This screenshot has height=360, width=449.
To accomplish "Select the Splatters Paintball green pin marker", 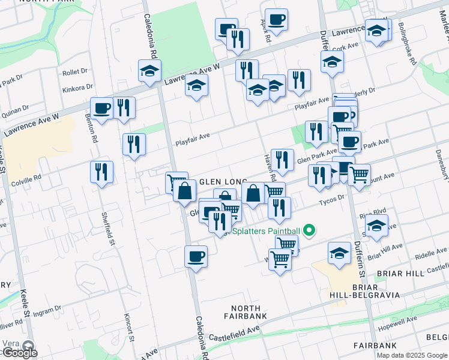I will [310, 229].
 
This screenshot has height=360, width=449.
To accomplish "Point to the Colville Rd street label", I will [29, 178].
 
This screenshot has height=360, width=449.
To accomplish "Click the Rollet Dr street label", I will [75, 73].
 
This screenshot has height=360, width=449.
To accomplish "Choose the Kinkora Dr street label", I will [77, 89].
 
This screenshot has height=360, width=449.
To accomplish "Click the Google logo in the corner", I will [19, 353].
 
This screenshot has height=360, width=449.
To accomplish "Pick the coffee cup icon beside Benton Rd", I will [102, 109].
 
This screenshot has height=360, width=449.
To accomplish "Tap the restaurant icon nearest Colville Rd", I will [102, 172].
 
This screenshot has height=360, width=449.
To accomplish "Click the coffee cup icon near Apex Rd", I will [276, 20].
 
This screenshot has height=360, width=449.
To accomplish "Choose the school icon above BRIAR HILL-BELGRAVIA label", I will [339, 254].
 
